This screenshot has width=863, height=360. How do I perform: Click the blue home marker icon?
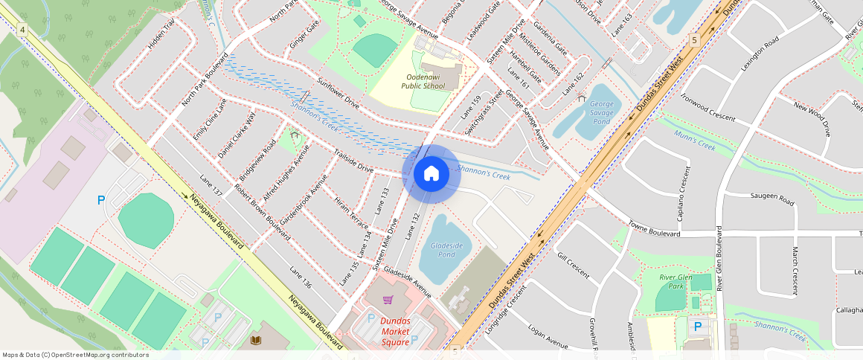point(431,174)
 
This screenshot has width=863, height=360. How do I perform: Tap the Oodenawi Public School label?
point(423,81)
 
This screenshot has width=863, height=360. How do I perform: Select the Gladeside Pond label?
point(446,249)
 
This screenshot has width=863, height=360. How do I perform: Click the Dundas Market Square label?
point(395,332)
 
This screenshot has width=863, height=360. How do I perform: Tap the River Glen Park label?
point(676,281)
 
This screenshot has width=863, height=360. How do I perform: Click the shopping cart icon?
point(388,300)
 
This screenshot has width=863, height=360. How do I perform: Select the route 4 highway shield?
point(23,29)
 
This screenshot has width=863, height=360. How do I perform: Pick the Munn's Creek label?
point(694,141)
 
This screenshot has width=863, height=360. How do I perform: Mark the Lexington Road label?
point(759,53)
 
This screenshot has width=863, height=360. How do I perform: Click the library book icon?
point(257,340)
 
